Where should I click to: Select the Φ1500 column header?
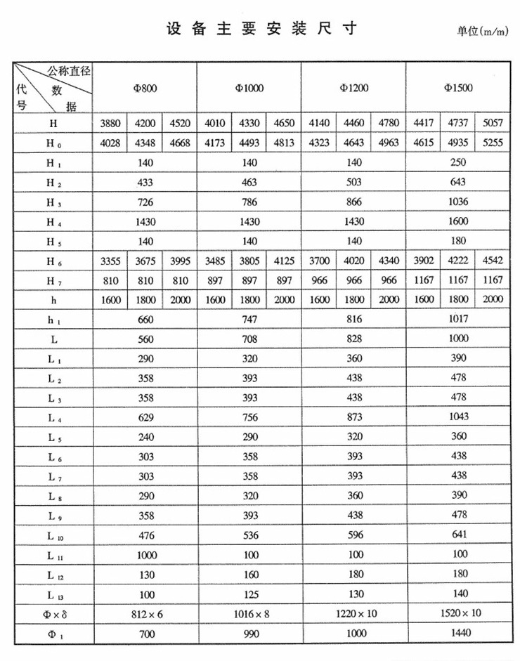pyautogui.click(x=458, y=89)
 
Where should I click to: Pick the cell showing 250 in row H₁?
pyautogui.click(x=458, y=162)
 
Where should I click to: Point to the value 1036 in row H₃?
pyautogui.click(x=458, y=202)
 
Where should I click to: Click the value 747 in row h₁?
pyautogui.click(x=249, y=319)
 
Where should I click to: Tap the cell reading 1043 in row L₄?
pyautogui.click(x=458, y=417)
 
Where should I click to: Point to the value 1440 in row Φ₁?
pyautogui.click(x=458, y=633)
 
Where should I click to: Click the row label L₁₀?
pyautogui.click(x=54, y=535)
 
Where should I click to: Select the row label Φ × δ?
pyautogui.click(x=54, y=614)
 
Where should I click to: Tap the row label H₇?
pyautogui.click(x=54, y=280)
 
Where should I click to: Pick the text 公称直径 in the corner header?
pyautogui.click(x=70, y=70)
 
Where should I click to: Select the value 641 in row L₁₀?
pyautogui.click(x=458, y=535)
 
